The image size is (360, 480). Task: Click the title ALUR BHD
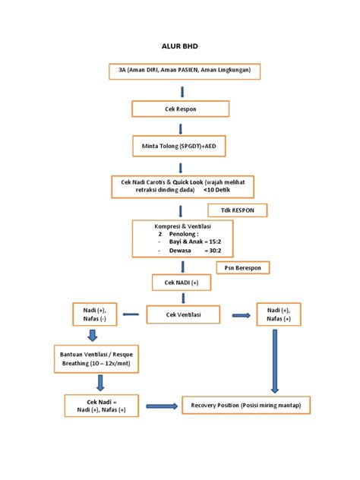click(x=180, y=46)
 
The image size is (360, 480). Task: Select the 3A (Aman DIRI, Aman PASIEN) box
click(x=185, y=71)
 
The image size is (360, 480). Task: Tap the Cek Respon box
click(x=180, y=109)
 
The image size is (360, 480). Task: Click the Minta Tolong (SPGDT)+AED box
click(x=179, y=146)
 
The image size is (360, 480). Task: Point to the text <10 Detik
click(x=216, y=190)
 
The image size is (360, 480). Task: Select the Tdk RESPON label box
click(x=238, y=210)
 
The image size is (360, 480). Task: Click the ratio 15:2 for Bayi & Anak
click(x=215, y=242)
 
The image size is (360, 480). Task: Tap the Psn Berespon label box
click(x=243, y=268)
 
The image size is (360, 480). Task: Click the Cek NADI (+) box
click(x=182, y=283)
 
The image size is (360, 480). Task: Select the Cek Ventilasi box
click(x=183, y=314)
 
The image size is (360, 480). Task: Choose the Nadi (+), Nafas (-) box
click(x=95, y=314)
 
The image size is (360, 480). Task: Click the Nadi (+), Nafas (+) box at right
click(x=279, y=314)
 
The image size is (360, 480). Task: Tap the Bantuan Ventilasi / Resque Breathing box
click(x=96, y=358)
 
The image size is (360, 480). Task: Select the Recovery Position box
click(x=246, y=406)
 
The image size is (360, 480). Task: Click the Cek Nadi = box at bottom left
click(x=101, y=406)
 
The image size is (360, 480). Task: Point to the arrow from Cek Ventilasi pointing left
click(x=131, y=314)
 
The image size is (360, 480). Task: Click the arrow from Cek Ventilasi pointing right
click(x=242, y=315)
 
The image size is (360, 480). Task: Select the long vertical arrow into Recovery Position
click(x=275, y=362)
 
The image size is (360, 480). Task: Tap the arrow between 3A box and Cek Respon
click(x=182, y=92)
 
